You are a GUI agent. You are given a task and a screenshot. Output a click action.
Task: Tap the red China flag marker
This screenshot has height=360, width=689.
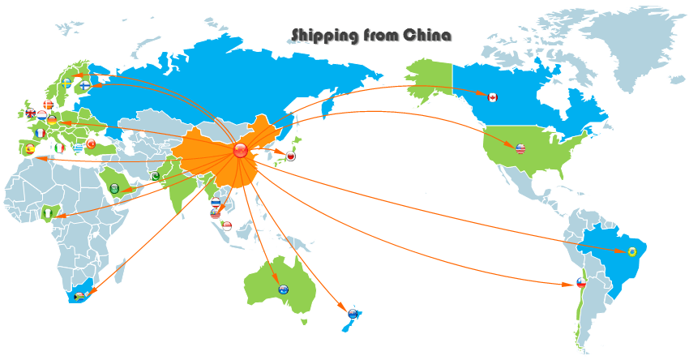point(239,150)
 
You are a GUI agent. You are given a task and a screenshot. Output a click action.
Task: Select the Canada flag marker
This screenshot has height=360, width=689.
point(492,97)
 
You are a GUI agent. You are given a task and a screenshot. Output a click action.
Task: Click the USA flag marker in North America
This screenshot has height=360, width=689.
point(520,148)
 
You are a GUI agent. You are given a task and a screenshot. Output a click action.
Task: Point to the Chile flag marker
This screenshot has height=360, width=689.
point(580,283)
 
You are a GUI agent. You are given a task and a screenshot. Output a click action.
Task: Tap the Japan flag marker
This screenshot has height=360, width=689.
point(290,156)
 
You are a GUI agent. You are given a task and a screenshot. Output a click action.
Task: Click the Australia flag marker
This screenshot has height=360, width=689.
point(283,289)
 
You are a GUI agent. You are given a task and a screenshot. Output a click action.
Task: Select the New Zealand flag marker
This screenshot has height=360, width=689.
point(353,313)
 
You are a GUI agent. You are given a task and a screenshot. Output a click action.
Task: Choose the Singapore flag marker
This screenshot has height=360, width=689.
point(227,225)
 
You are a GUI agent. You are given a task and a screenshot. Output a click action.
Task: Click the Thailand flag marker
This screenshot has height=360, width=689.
point(215,203)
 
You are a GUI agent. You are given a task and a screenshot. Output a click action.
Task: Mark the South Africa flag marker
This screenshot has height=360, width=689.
point(79,297)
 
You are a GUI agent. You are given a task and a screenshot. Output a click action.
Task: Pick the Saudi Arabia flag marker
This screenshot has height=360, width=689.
point(114,188)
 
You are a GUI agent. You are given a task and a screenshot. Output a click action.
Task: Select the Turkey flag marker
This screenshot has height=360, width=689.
point(91,144)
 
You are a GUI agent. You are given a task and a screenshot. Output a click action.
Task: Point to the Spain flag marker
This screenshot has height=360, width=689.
point(30,149)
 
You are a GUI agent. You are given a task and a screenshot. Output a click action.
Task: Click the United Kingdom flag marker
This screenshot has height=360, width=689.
point(31,113)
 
